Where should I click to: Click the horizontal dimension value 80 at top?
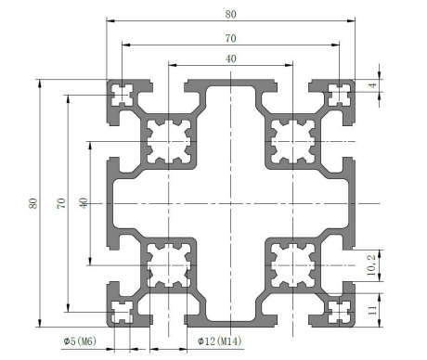click(x=230, y=14)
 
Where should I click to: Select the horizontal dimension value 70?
click(x=230, y=38)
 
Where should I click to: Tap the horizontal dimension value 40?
click(x=230, y=58)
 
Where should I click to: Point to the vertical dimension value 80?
click(x=33, y=203)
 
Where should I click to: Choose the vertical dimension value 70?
click(x=61, y=203)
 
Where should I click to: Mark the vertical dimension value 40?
click(x=84, y=203)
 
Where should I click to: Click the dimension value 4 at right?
click(x=373, y=84)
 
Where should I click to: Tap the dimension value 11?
click(x=372, y=310)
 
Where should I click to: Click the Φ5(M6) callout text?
click(x=80, y=341)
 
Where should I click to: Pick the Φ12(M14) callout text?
click(x=220, y=341)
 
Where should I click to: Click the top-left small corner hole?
click(x=123, y=95)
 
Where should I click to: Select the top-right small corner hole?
click(x=340, y=95)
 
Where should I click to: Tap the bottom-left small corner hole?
click(x=123, y=312)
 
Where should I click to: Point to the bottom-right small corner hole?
click(x=340, y=312)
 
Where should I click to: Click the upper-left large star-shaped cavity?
click(x=169, y=142)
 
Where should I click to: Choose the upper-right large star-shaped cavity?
click(x=293, y=142)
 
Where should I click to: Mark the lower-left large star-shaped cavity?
click(x=169, y=265)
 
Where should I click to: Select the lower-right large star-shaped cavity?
click(x=293, y=265)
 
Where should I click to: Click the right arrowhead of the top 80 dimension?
click(x=351, y=20)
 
